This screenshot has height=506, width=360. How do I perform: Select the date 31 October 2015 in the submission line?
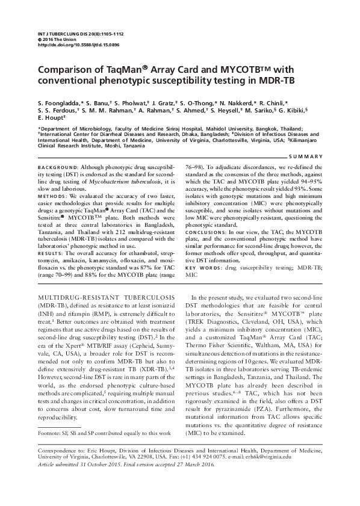click(x=105, y=464)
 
